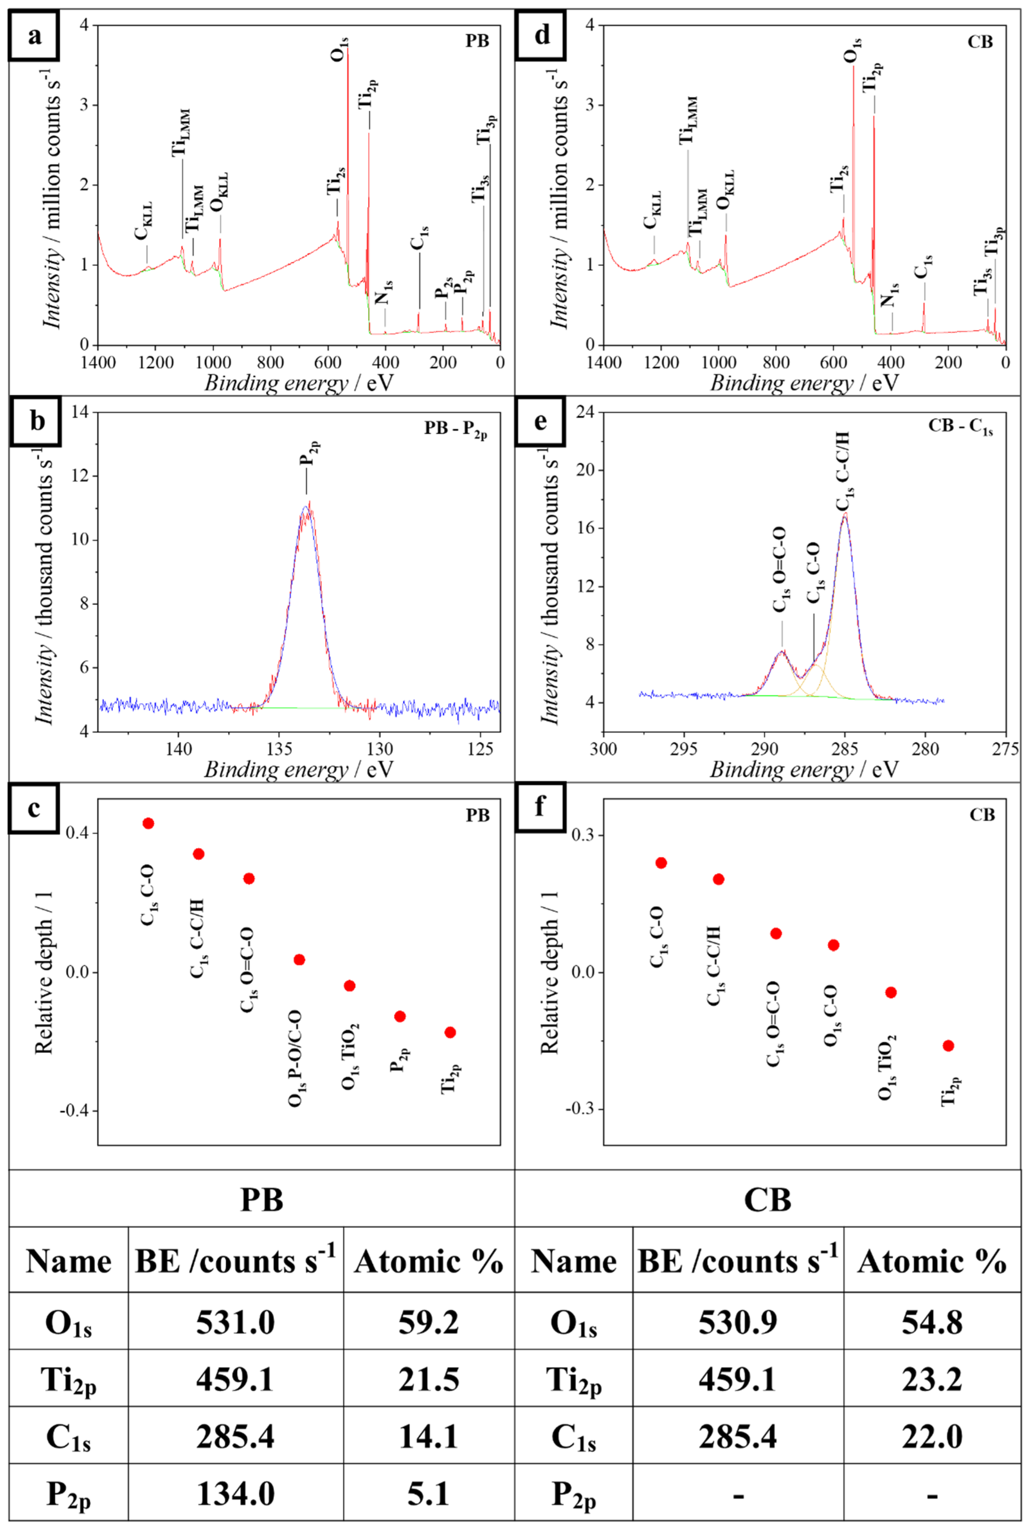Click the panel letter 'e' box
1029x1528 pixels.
coord(540,421)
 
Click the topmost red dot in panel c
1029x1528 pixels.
coord(148,823)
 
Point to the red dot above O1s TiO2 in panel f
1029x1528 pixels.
coord(891,992)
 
